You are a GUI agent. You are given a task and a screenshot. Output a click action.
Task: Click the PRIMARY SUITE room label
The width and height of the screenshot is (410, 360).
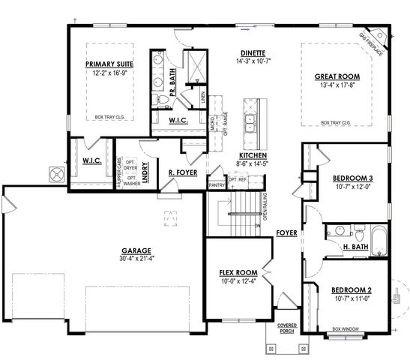click(109, 64)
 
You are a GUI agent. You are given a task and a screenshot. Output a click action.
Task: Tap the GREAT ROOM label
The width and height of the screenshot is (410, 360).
click(337, 76)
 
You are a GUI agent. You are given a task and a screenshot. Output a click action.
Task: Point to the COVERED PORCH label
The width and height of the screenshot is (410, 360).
click(287, 328)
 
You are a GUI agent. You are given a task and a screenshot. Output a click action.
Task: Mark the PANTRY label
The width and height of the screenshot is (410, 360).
click(217, 184)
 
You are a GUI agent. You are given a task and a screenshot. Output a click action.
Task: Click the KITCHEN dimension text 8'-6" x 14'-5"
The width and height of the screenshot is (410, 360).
click(252, 163)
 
